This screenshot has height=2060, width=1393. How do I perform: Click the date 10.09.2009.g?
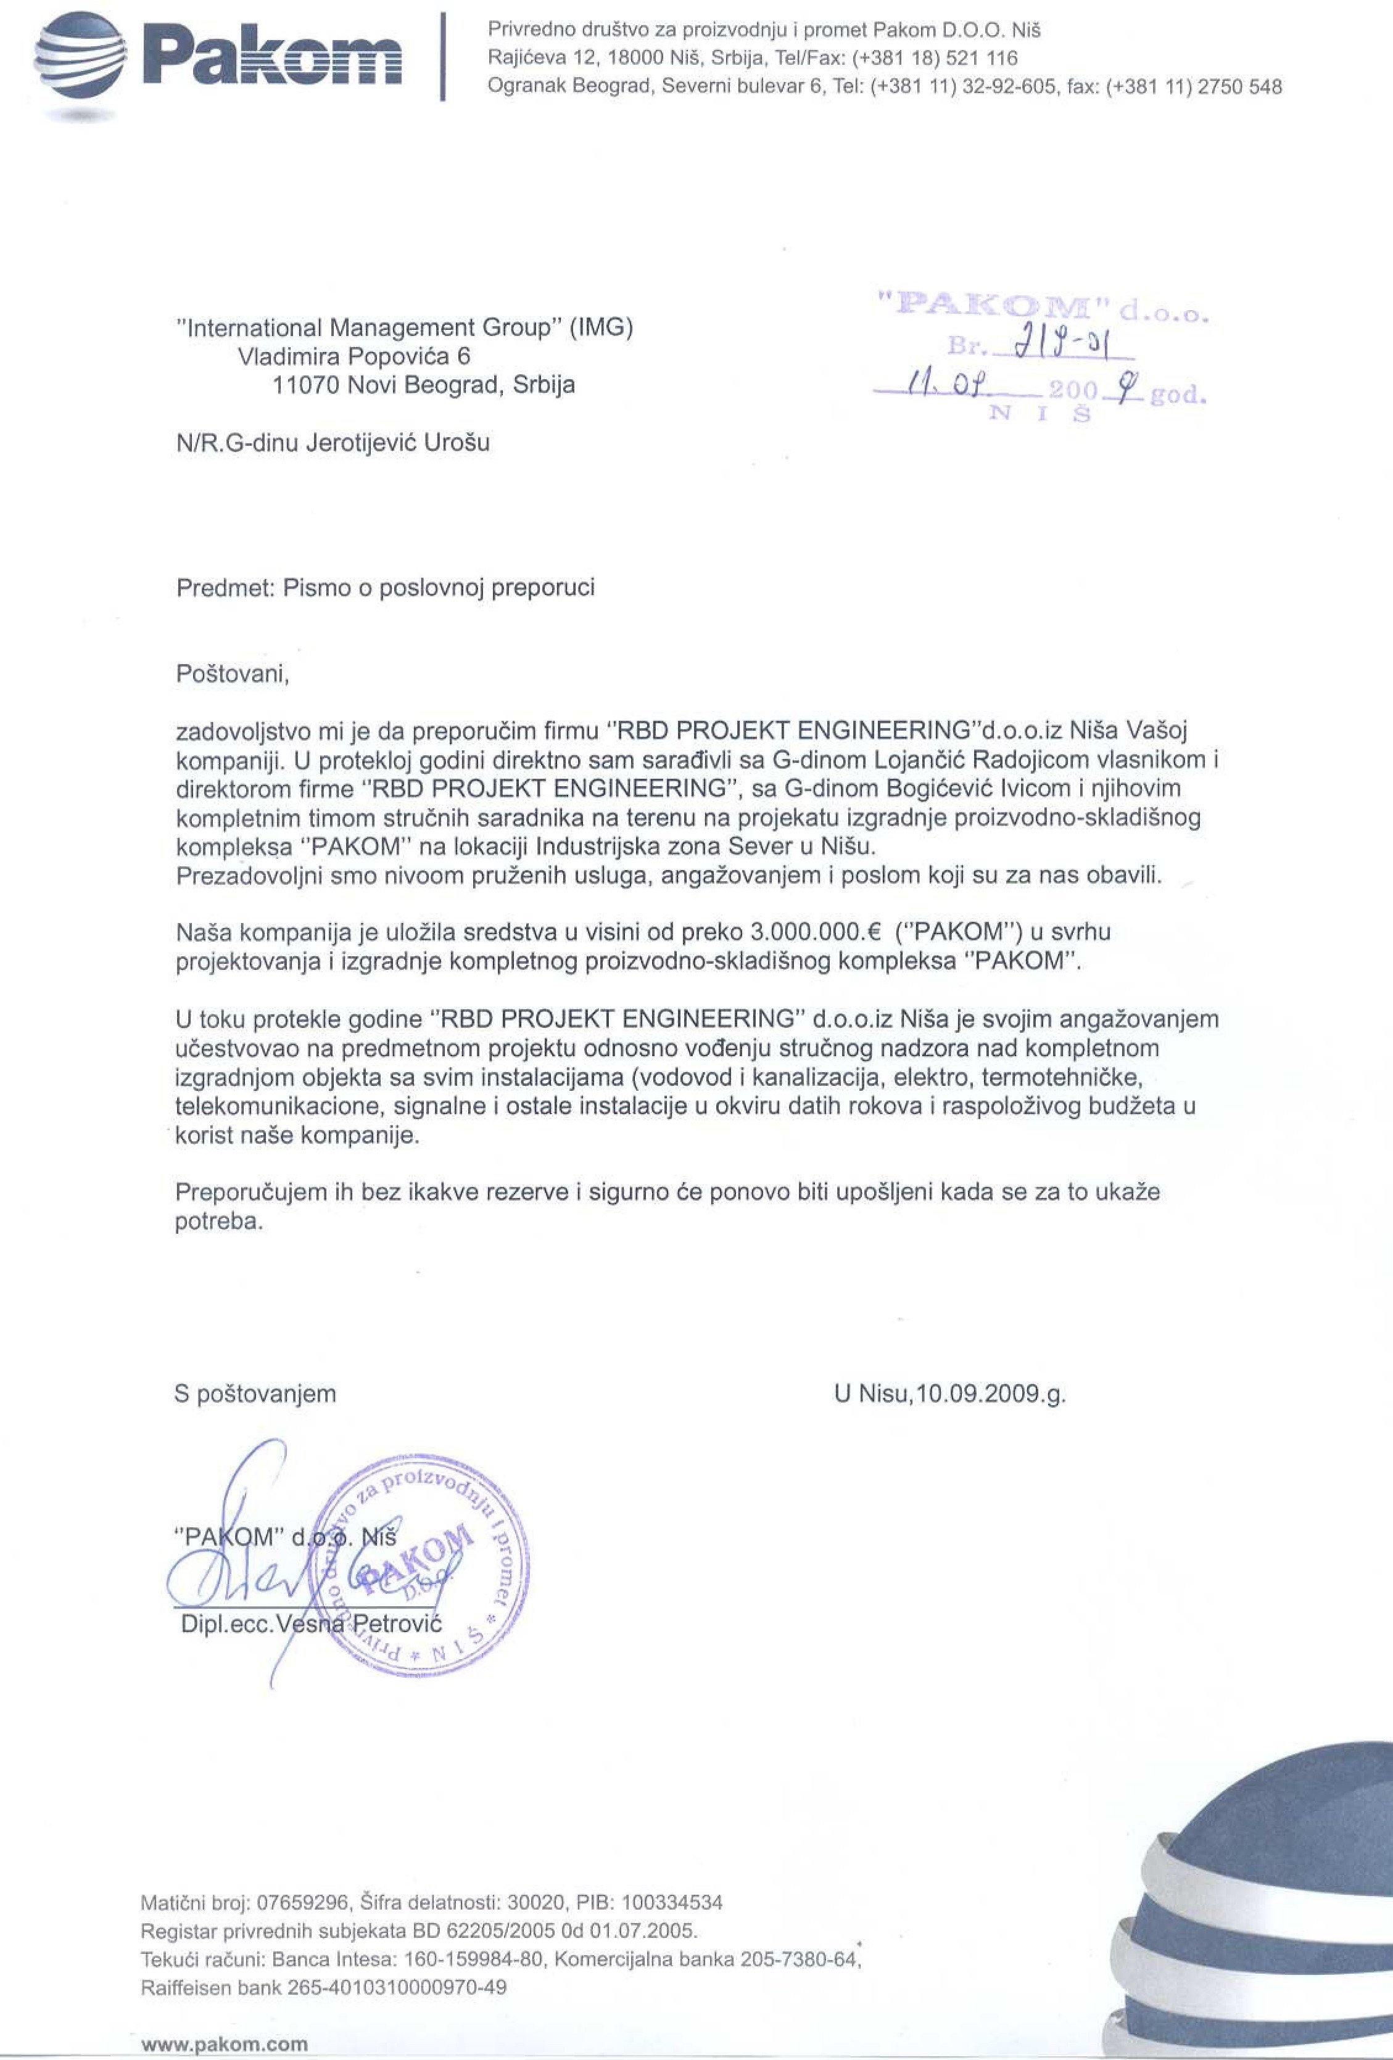click(x=991, y=1394)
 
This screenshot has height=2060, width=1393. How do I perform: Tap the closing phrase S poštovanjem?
click(x=255, y=1394)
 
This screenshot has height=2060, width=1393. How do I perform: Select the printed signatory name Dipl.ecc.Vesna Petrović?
click(x=310, y=1624)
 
